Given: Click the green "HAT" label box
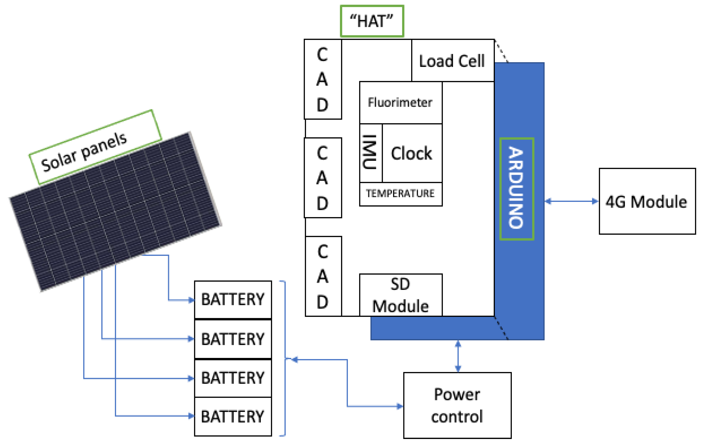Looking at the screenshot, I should coord(372,21).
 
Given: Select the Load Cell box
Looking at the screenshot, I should coord(453,61).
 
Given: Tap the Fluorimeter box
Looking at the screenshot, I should coord(401,103).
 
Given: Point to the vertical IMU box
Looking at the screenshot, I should coord(371,153).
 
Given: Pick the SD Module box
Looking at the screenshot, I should coord(401,295).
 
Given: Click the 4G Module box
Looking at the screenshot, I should coord(647,201).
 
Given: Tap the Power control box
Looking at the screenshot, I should coord(457,405).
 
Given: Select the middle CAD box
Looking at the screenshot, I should coord(323,178).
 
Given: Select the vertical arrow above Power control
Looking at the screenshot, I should coord(458,356).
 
